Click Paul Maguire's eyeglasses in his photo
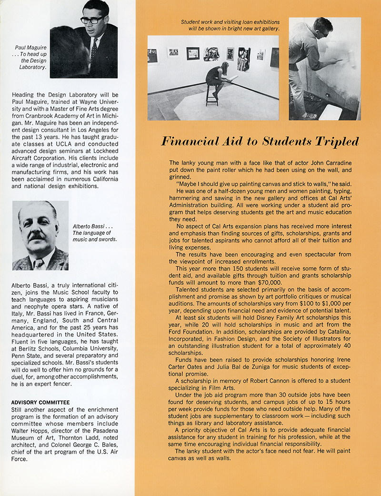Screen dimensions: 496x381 [92, 20]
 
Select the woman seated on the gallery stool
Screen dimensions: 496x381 [217, 76]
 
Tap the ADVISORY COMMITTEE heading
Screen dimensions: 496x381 [40, 403]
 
